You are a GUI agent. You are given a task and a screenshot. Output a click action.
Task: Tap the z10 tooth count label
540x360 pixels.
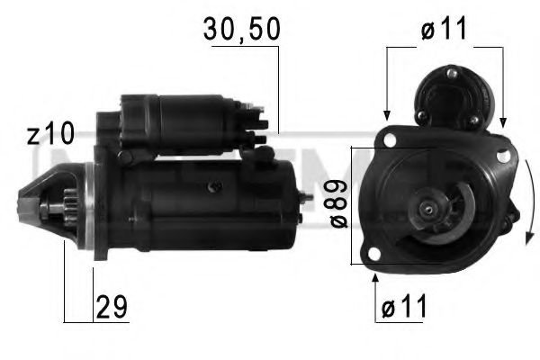[50, 136]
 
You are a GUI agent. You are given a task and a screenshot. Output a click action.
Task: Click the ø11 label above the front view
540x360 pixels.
[444, 29]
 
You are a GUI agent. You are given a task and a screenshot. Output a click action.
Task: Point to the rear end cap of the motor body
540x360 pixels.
[292, 202]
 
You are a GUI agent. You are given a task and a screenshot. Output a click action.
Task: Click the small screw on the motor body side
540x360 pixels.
[214, 186]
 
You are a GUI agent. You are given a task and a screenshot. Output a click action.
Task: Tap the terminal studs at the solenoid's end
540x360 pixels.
[256, 126]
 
